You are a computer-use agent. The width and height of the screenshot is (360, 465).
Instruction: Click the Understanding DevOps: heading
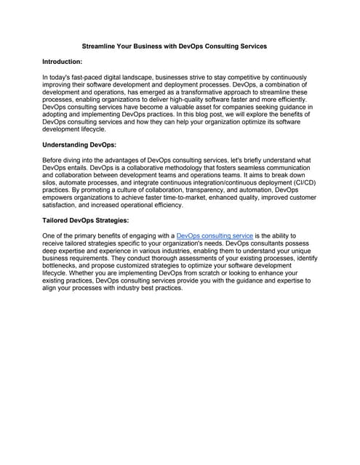click(77, 145)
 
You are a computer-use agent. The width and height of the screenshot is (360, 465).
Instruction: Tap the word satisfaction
click(62, 206)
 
